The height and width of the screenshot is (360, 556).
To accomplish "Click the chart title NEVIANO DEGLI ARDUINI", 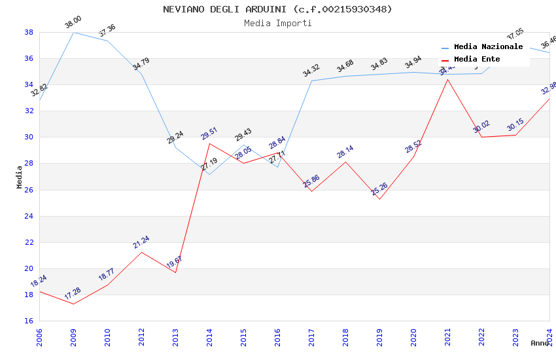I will click(x=277, y=9).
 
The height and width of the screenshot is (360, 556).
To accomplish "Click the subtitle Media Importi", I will click(x=277, y=23).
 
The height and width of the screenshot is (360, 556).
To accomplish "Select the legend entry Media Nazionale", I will click(x=488, y=47).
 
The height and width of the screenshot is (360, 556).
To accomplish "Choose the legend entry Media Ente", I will click(x=477, y=60).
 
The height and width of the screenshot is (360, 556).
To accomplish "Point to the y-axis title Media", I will click(x=20, y=177).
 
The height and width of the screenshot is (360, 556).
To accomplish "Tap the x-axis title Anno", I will click(x=540, y=343).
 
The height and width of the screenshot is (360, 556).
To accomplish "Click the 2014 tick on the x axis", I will click(x=209, y=333).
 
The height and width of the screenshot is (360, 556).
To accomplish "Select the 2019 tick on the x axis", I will click(x=379, y=333).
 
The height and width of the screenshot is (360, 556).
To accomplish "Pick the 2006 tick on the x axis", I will click(x=39, y=333).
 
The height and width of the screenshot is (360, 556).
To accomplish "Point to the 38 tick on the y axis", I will click(x=29, y=32).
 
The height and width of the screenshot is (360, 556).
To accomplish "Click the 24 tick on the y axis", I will click(x=29, y=216).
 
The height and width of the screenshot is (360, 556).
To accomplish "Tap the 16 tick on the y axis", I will click(x=29, y=321).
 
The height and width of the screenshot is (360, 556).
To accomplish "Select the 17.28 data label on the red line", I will click(x=73, y=292).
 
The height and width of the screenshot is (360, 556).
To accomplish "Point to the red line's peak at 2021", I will click(x=447, y=79).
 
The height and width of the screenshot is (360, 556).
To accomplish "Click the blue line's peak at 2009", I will click(x=73, y=32).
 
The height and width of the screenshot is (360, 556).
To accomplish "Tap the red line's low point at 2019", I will click(x=379, y=199).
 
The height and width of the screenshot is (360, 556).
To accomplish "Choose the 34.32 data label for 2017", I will click(x=311, y=70).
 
